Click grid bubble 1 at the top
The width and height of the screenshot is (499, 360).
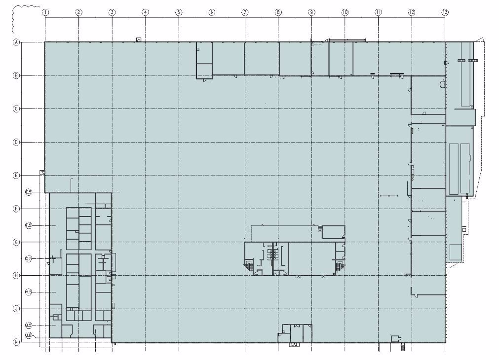tap(45, 11)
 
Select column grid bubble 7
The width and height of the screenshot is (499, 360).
tap(245, 11)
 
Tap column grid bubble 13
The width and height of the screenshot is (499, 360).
tap(445, 11)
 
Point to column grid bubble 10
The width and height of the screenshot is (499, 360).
tap(345, 11)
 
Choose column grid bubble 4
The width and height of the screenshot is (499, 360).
tap(145, 11)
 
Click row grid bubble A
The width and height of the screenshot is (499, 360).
tap(16, 42)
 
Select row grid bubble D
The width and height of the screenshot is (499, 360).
tap(16, 142)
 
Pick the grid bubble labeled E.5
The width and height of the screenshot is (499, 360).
tap(29, 192)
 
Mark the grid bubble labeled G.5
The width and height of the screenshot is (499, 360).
tap(29, 258)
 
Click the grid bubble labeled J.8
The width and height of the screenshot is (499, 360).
tap(29, 336)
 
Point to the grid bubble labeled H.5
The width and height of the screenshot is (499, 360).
tap(29, 292)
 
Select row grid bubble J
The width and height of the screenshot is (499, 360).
tap(16, 309)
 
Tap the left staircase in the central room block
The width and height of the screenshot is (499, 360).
tap(250, 266)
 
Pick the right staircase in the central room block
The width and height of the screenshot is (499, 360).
tap(339, 266)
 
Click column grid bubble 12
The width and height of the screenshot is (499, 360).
tap(412, 11)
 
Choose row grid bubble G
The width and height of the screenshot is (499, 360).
tap(16, 242)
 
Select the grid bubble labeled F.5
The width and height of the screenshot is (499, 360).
tap(29, 225)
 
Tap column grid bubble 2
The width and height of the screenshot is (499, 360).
tap(78, 11)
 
